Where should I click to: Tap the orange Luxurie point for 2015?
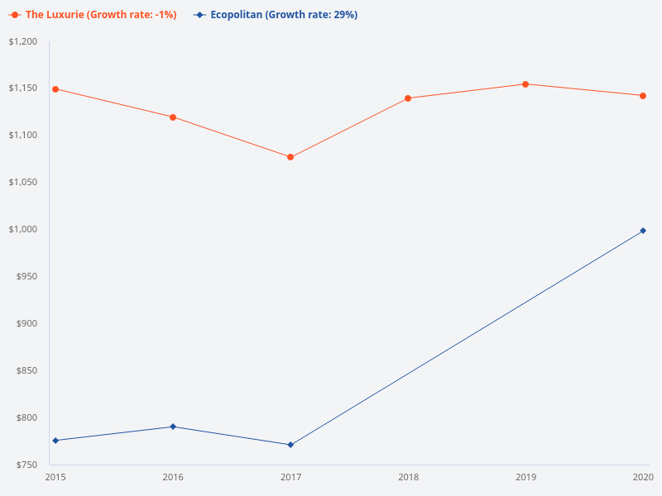[x=55, y=89]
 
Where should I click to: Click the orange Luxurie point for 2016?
[x=173, y=117]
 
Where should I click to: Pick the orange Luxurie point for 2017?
[x=290, y=157]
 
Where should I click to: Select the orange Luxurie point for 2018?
[x=408, y=98]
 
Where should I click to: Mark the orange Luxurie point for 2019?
[x=525, y=84]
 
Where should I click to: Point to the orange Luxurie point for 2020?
[x=643, y=96]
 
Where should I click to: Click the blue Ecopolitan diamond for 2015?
[x=55, y=441]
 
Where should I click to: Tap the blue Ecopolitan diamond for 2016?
[x=173, y=427]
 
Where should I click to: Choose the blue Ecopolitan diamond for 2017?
[x=290, y=445]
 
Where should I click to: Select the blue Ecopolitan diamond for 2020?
[x=643, y=231]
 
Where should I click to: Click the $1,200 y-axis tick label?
[x=23, y=42]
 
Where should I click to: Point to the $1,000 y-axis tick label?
[x=23, y=230]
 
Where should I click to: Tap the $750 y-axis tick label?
[x=28, y=465]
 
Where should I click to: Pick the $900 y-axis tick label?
[x=28, y=324]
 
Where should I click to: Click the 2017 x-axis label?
[x=290, y=478]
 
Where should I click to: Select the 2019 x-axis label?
[x=525, y=478]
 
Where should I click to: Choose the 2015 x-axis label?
[x=55, y=478]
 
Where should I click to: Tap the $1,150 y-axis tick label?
[x=23, y=89]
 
